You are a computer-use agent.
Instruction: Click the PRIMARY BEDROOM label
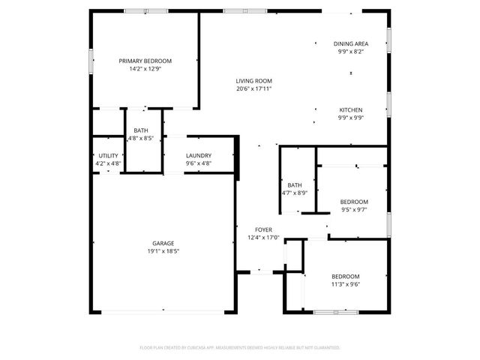pyautogui.click(x=145, y=61)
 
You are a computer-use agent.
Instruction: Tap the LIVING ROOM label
pyautogui.click(x=253, y=81)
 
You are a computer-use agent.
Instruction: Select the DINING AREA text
pyautogui.click(x=351, y=44)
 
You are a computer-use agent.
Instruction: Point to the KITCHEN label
pyautogui.click(x=351, y=109)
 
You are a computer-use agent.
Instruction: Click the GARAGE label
pyautogui.click(x=163, y=243)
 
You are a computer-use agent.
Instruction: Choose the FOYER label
pyautogui.click(x=263, y=229)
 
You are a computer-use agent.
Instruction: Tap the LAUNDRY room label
pyautogui.click(x=198, y=156)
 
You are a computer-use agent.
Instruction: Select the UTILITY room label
pyautogui.click(x=108, y=156)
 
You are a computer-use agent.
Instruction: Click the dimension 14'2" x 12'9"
pyautogui.click(x=145, y=68)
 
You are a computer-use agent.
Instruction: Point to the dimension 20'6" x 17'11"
pyautogui.click(x=253, y=88)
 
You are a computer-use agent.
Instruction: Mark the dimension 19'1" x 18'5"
pyautogui.click(x=163, y=250)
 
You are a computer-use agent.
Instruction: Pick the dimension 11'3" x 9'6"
pyautogui.click(x=346, y=283)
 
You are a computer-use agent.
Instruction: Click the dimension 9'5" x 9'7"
pyautogui.click(x=354, y=209)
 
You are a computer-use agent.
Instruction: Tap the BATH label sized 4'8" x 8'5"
pyautogui.click(x=141, y=130)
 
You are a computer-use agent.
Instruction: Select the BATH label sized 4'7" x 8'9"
pyautogui.click(x=294, y=184)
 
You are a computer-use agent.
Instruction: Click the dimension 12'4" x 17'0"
pyautogui.click(x=263, y=238)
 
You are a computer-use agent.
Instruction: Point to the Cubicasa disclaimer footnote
pyautogui.click(x=240, y=348)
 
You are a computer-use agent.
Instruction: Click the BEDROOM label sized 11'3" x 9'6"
pyautogui.click(x=346, y=276)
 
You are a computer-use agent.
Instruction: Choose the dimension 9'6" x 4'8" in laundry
pyautogui.click(x=198, y=163)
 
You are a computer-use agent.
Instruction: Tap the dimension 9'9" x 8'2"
pyautogui.click(x=351, y=52)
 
